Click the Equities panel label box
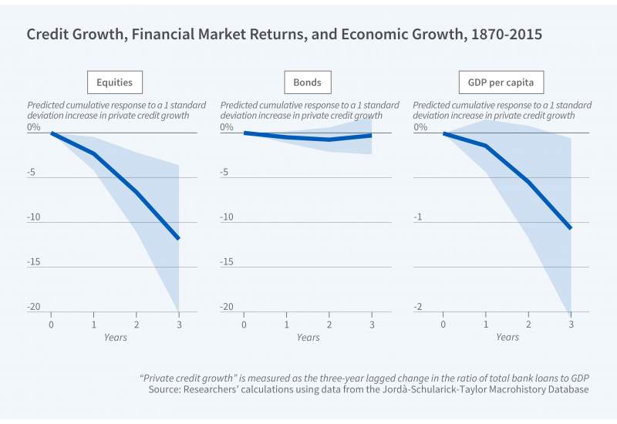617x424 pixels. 114,82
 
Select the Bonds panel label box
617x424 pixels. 307,82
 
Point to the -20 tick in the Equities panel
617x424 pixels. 34,307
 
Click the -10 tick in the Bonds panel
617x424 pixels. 227,217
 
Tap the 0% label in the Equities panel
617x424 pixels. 34,128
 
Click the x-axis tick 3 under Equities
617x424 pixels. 179,323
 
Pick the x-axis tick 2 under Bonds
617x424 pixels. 329,323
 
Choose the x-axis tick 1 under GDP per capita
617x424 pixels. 486,323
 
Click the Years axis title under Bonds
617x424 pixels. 308,338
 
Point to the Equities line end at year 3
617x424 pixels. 179,239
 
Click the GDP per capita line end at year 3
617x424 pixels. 571,228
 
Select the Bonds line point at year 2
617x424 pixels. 329,140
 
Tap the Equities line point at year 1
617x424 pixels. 94,153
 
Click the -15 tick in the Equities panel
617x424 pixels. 34,262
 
